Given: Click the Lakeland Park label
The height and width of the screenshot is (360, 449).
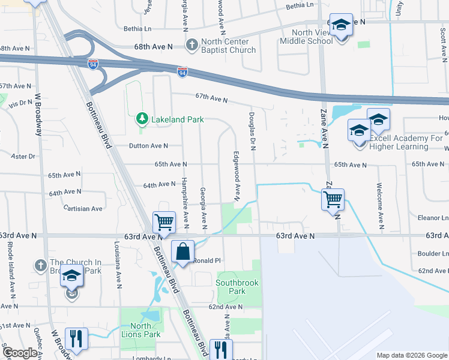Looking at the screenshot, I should pyautogui.click(x=177, y=119).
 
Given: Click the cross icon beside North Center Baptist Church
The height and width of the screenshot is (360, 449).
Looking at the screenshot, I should pyautogui.click(x=191, y=45).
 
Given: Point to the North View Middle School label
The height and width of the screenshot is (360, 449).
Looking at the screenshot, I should pyautogui.click(x=312, y=37).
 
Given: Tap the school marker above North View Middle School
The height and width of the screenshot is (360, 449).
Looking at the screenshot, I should pyautogui.click(x=341, y=26).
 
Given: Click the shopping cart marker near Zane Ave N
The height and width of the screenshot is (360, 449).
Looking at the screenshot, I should pyautogui.click(x=333, y=199).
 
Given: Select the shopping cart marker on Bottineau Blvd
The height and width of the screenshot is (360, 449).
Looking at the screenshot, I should pyautogui.click(x=164, y=222).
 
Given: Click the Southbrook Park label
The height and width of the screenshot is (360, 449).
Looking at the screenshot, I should pyautogui.click(x=231, y=287).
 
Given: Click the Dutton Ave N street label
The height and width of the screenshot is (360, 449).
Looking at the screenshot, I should pyautogui.click(x=149, y=146).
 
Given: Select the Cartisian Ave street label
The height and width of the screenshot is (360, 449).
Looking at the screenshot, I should pyautogui.click(x=83, y=209).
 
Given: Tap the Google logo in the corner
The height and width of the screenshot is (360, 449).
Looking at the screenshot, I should pyautogui.click(x=20, y=353).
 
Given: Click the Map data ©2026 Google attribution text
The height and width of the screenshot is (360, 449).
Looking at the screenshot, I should pyautogui.click(x=411, y=355).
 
